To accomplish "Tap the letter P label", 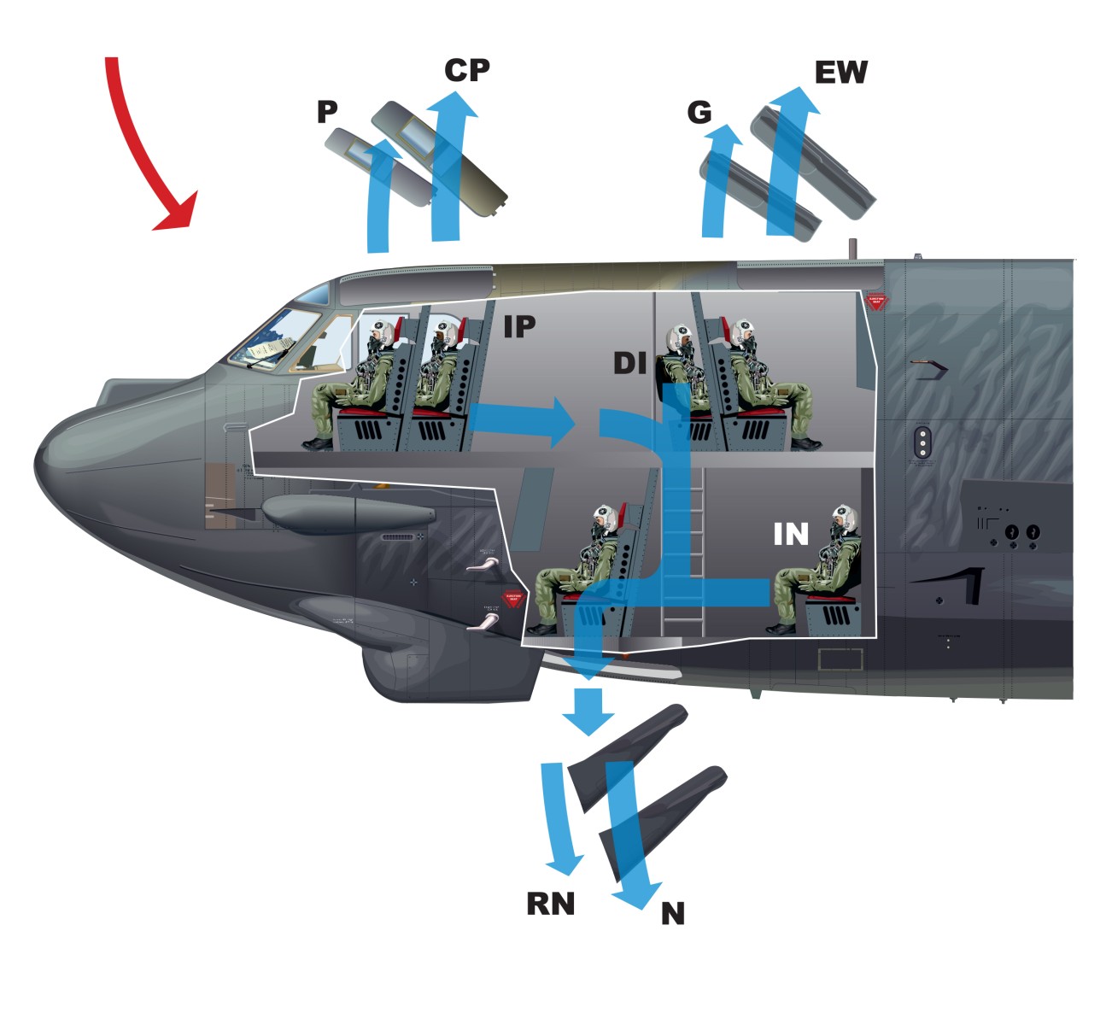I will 326,112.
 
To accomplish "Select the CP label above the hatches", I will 466,70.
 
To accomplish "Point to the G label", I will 699,112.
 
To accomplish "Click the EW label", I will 840,73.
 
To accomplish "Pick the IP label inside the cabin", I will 518,325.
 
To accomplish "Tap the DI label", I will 630,363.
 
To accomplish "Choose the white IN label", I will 790,534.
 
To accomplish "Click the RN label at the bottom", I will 550,904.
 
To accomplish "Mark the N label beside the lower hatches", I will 672,914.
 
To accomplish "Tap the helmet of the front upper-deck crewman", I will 382,331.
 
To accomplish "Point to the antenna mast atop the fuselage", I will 851,249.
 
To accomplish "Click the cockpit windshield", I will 273,342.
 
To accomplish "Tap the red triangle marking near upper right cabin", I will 875,302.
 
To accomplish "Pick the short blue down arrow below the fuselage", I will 587,712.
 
